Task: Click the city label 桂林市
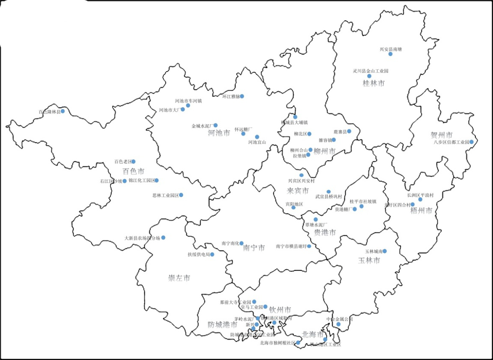tap(373, 83)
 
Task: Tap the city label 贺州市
tap(442, 135)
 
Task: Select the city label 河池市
tap(219, 132)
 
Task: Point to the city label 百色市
tap(134, 171)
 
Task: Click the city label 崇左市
tap(179, 278)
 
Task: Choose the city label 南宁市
tap(254, 248)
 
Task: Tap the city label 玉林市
tap(369, 260)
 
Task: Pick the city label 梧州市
tap(421, 210)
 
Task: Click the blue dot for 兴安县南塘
tap(390, 54)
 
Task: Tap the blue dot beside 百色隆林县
tap(63, 111)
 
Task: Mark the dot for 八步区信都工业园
tap(472, 142)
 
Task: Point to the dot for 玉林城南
tap(385, 251)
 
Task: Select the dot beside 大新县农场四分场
tap(163, 237)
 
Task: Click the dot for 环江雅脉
tap(242, 96)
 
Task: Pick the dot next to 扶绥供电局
tap(212, 254)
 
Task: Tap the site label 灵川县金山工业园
tap(370, 71)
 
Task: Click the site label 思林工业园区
tap(165, 195)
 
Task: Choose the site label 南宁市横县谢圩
tap(291, 246)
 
